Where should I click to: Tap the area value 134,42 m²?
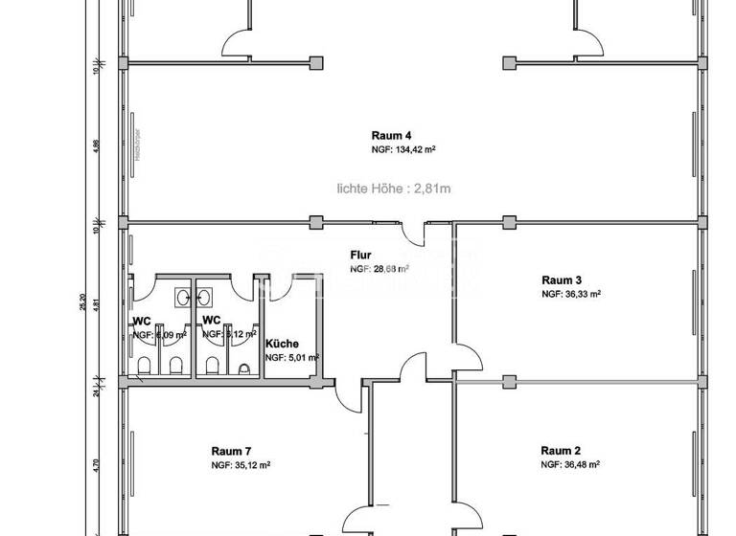403,150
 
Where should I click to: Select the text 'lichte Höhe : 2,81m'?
393,190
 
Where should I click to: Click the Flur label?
360,256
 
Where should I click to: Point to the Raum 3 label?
560,279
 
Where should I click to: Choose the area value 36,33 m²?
570,295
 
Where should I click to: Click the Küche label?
282,343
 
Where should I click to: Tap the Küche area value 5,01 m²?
291,357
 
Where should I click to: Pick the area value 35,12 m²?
241,465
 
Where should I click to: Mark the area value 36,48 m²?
570,465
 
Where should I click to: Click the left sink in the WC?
182,298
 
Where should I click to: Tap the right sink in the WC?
206,298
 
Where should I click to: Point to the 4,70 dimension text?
96,466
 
